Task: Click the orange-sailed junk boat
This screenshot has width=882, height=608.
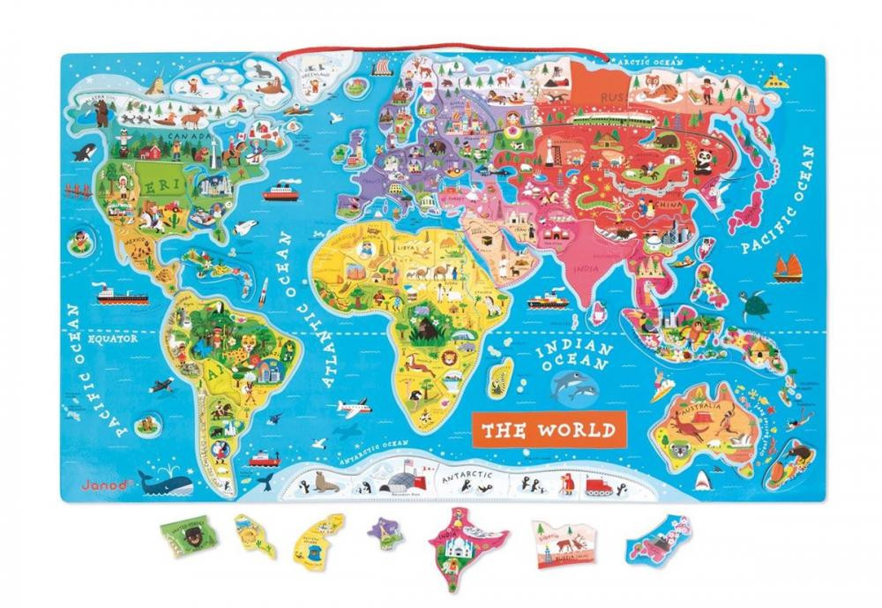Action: coord(787,266)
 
